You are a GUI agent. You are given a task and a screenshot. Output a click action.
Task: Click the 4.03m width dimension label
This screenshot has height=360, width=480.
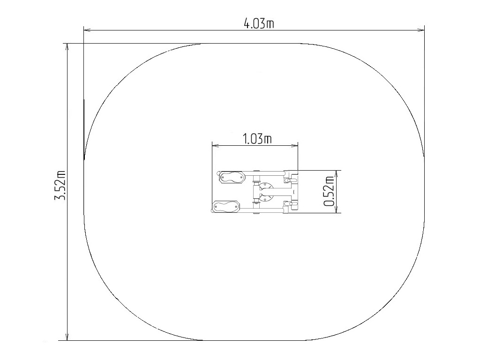259,23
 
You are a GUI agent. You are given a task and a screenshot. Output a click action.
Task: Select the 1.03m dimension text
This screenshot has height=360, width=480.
257,139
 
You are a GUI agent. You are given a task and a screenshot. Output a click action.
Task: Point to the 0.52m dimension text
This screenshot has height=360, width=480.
329,191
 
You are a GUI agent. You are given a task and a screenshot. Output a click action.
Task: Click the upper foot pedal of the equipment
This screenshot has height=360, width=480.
232,178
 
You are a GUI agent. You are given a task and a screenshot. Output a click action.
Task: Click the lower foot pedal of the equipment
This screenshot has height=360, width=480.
226,207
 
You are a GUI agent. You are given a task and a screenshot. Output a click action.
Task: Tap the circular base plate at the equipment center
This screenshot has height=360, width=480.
265,192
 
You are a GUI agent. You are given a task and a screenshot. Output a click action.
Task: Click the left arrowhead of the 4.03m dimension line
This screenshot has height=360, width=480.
87,30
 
